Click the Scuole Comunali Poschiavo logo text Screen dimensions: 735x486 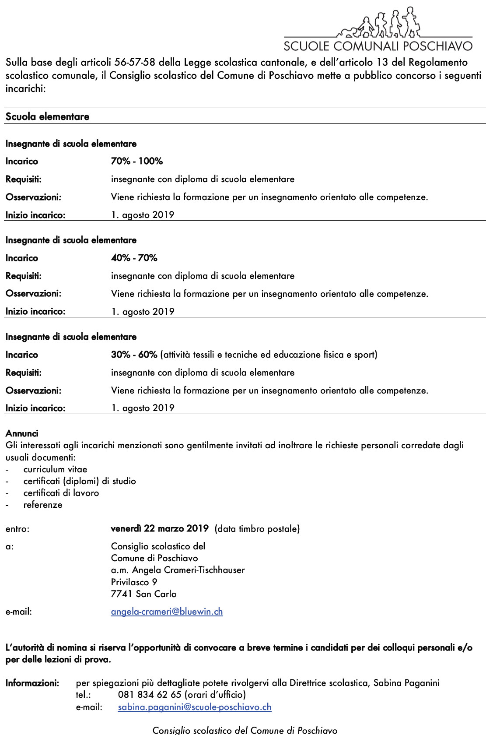(378, 46)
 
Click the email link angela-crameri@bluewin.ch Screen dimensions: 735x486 (167, 612)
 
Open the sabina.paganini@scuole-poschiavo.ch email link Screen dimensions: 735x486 (195, 707)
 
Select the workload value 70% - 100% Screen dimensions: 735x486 (137, 161)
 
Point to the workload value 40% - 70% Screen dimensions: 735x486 (134, 258)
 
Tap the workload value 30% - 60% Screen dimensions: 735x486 (134, 355)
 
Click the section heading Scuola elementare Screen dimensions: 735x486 (47, 116)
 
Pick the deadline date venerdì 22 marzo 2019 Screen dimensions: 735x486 (160, 528)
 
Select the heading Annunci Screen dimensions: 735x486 (22, 433)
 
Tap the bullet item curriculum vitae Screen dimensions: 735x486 (56, 469)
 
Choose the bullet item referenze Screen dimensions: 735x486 (43, 505)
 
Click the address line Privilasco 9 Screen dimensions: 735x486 (134, 582)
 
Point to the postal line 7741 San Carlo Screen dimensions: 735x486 (144, 594)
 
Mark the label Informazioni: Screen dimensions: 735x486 (32, 683)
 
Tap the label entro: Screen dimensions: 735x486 (17, 529)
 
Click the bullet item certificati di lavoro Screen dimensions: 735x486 (61, 493)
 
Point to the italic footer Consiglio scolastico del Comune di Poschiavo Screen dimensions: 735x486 (245, 730)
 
